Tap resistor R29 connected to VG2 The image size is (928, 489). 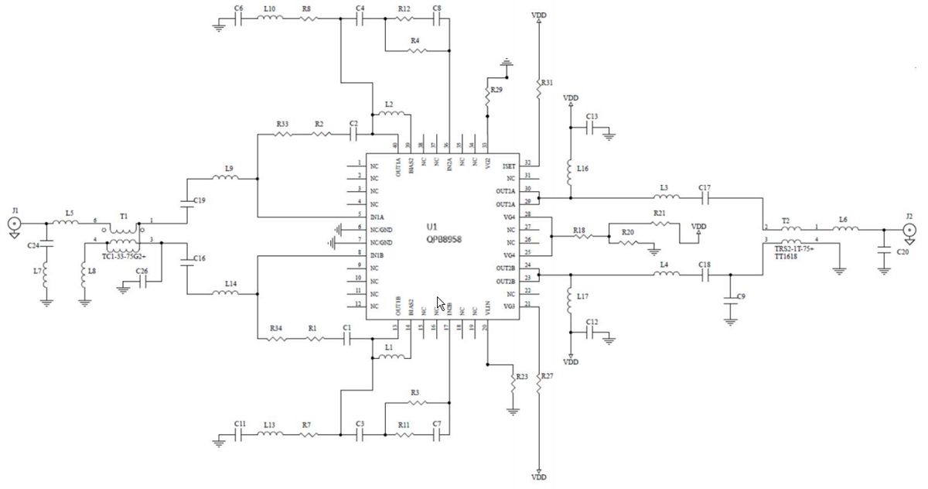tap(487, 91)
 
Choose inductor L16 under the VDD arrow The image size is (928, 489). tap(571, 169)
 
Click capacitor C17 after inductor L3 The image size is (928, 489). tap(705, 197)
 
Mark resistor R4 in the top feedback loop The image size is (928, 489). tap(415, 52)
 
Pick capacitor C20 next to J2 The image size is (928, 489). tap(883, 251)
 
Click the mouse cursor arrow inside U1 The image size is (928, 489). tap(441, 303)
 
